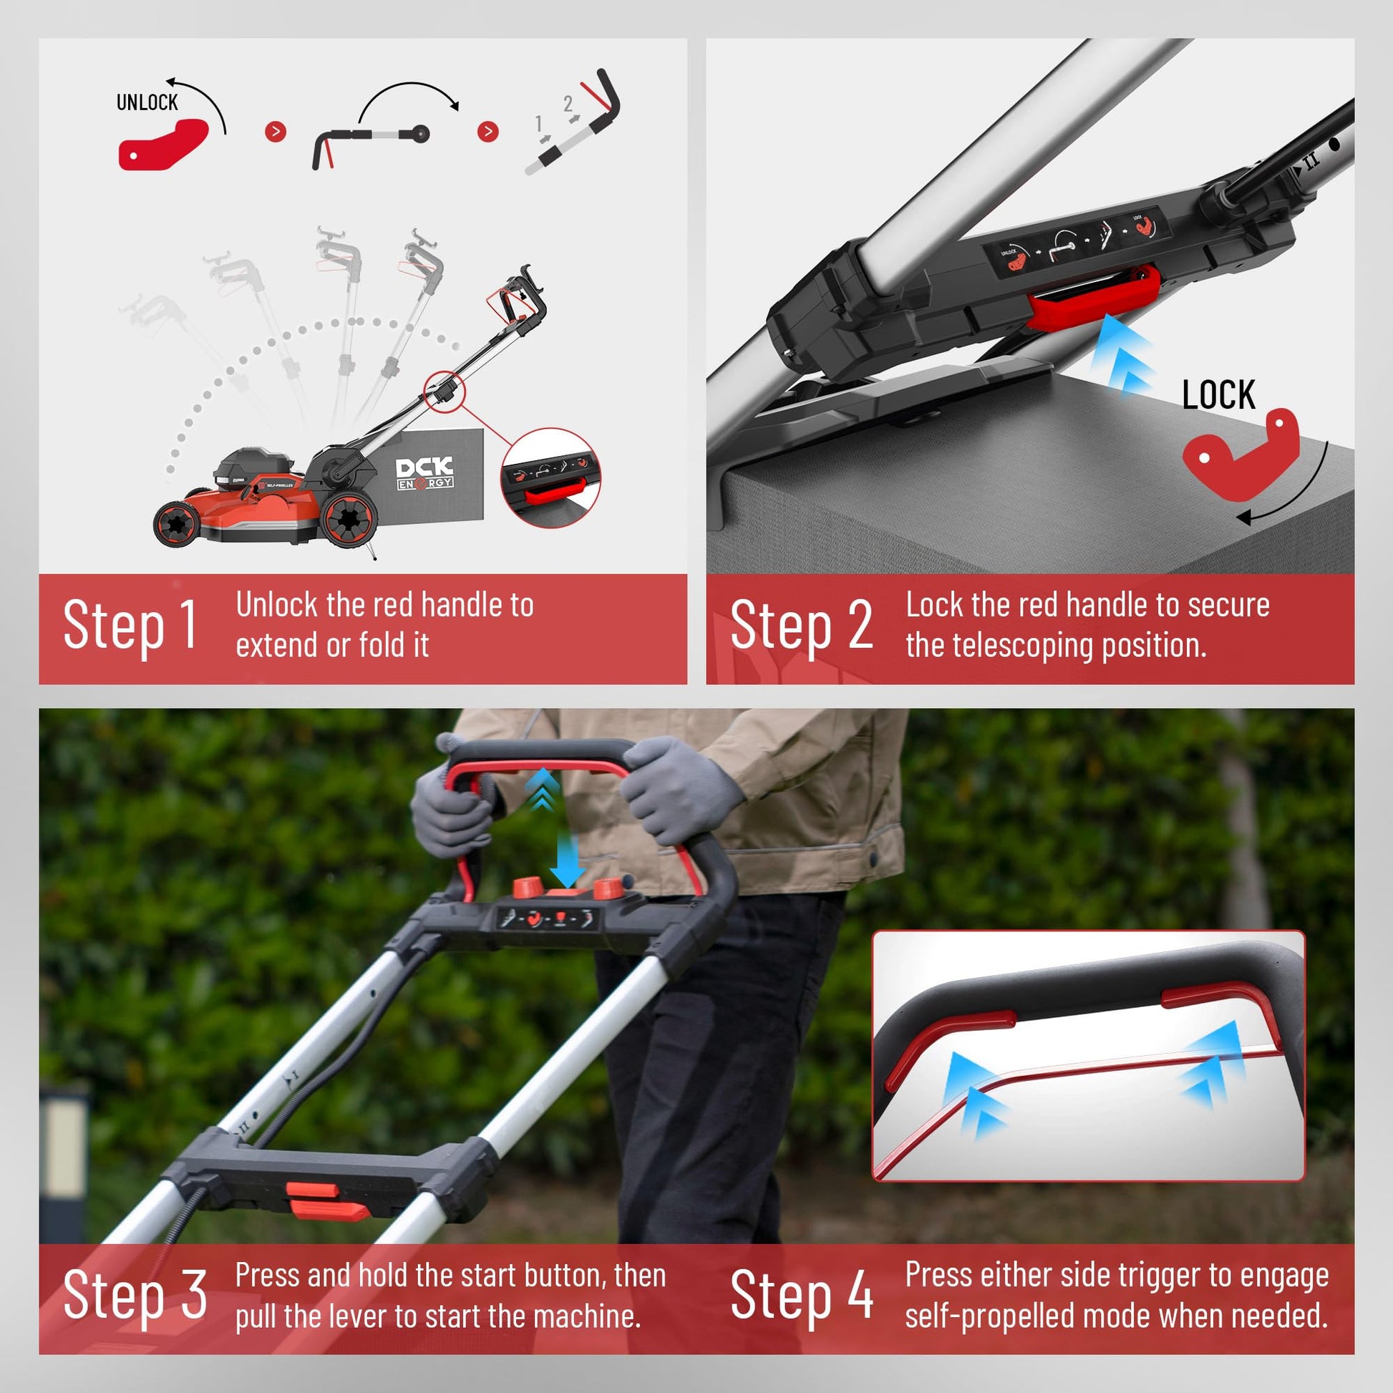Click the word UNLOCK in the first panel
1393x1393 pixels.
[x=147, y=102]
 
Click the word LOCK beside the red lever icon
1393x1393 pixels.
[x=1218, y=394]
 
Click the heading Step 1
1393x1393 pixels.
[x=130, y=625]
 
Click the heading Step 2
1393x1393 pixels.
[x=802, y=625]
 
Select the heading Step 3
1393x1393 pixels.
[x=135, y=1295]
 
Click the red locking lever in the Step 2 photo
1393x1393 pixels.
[x=1093, y=296]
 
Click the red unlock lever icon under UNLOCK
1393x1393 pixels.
[x=163, y=145]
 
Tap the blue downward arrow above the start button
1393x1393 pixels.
[x=567, y=862]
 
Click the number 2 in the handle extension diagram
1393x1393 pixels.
[x=568, y=104]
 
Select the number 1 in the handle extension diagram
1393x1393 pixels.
[x=538, y=124]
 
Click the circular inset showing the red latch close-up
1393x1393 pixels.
[x=551, y=478]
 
